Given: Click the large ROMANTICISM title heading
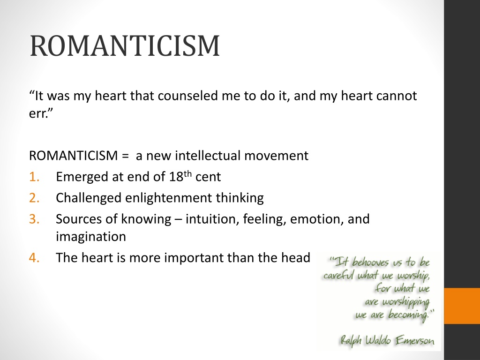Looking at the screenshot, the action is (125, 46).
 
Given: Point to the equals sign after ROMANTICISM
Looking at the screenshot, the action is (125, 156).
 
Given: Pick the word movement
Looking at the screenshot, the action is (277, 156).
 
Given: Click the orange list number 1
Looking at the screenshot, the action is (34, 177).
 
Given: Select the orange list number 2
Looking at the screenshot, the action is (34, 198).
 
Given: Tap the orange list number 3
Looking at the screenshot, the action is (34, 219).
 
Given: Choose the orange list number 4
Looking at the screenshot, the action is (34, 258).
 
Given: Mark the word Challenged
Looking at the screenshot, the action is (89, 198).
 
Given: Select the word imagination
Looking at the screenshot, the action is (91, 237).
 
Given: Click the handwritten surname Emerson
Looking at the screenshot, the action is (414, 340).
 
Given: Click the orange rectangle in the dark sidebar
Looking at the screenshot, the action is (462, 306).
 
